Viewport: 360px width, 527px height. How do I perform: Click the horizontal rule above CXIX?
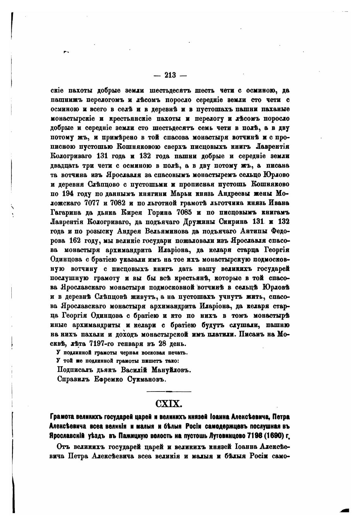coord(169,392)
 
